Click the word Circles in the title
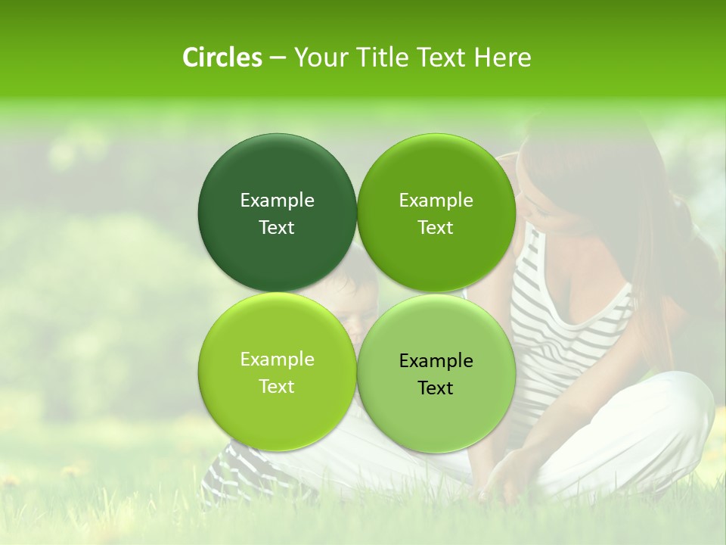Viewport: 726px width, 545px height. click(x=222, y=58)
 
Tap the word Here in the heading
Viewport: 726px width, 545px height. click(x=502, y=58)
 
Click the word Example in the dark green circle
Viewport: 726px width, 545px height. click(x=277, y=200)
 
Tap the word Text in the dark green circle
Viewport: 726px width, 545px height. click(x=277, y=227)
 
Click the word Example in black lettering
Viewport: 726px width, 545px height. click(x=436, y=360)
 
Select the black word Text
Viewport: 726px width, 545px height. click(x=436, y=388)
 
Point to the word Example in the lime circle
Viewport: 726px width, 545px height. click(x=277, y=359)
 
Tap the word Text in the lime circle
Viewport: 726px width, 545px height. click(x=277, y=386)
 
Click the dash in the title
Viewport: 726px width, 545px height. click(x=278, y=58)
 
